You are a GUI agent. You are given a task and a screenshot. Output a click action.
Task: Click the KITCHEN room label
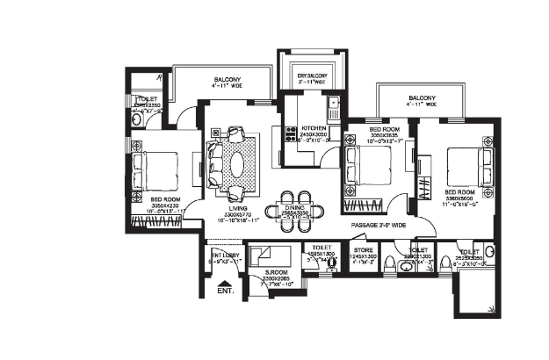pyautogui.click(x=314, y=128)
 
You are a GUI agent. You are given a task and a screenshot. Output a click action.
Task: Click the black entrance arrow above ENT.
pyautogui.click(x=225, y=279)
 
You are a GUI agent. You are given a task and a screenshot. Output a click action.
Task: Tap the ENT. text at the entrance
pyautogui.click(x=225, y=290)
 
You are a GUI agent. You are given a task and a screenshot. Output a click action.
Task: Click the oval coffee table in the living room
pyautogui.click(x=235, y=162)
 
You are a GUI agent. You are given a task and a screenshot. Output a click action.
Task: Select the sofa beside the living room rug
pyautogui.click(x=214, y=162)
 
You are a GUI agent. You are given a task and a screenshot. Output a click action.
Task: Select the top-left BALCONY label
pyautogui.click(x=227, y=80)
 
